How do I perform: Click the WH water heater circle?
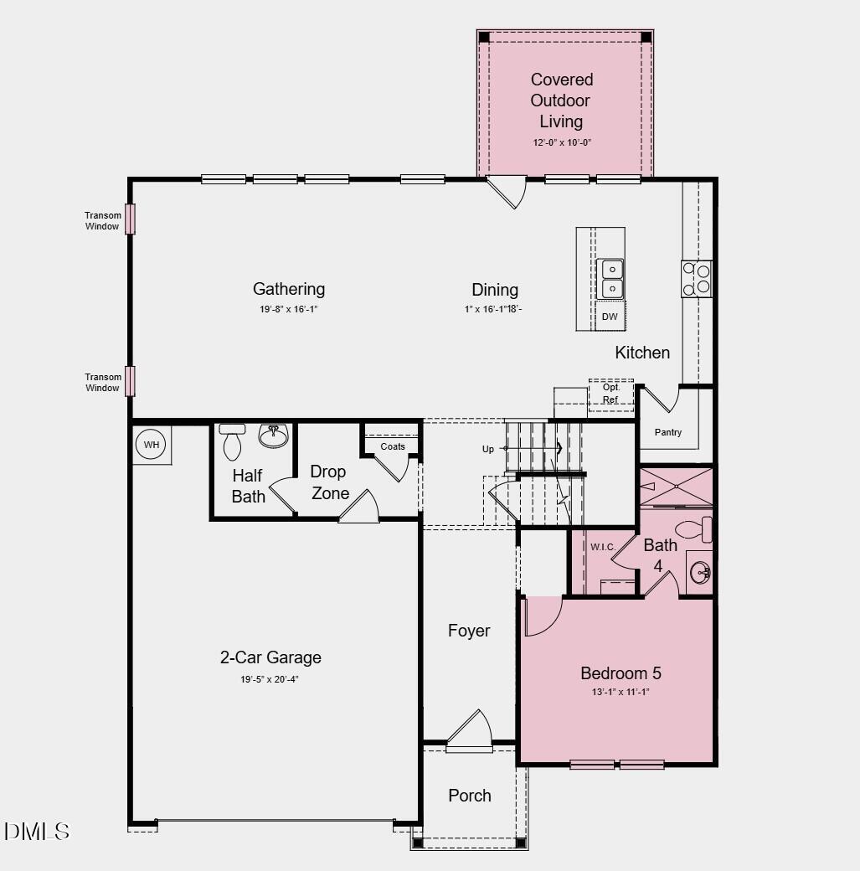pos(151,445)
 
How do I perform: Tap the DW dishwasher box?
pos(610,317)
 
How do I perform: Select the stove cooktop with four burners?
pos(696,279)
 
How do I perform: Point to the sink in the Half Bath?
pos(273,435)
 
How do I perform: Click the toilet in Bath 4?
pos(693,529)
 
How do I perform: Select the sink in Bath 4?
pos(700,573)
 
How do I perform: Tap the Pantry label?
pos(668,432)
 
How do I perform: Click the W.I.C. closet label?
pos(602,547)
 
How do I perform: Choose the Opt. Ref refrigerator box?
pos(610,394)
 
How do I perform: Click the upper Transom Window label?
pos(102,221)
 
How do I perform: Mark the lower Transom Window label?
pos(102,383)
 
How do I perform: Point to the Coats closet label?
pos(393,446)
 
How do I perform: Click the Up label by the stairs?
pos(488,449)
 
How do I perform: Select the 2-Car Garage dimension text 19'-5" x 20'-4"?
pos(270,679)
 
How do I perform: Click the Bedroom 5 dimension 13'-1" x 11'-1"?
pos(621,692)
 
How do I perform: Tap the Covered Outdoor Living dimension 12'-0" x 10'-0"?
pos(562,142)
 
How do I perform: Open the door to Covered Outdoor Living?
pos(508,191)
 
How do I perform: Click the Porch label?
pos(470,796)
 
